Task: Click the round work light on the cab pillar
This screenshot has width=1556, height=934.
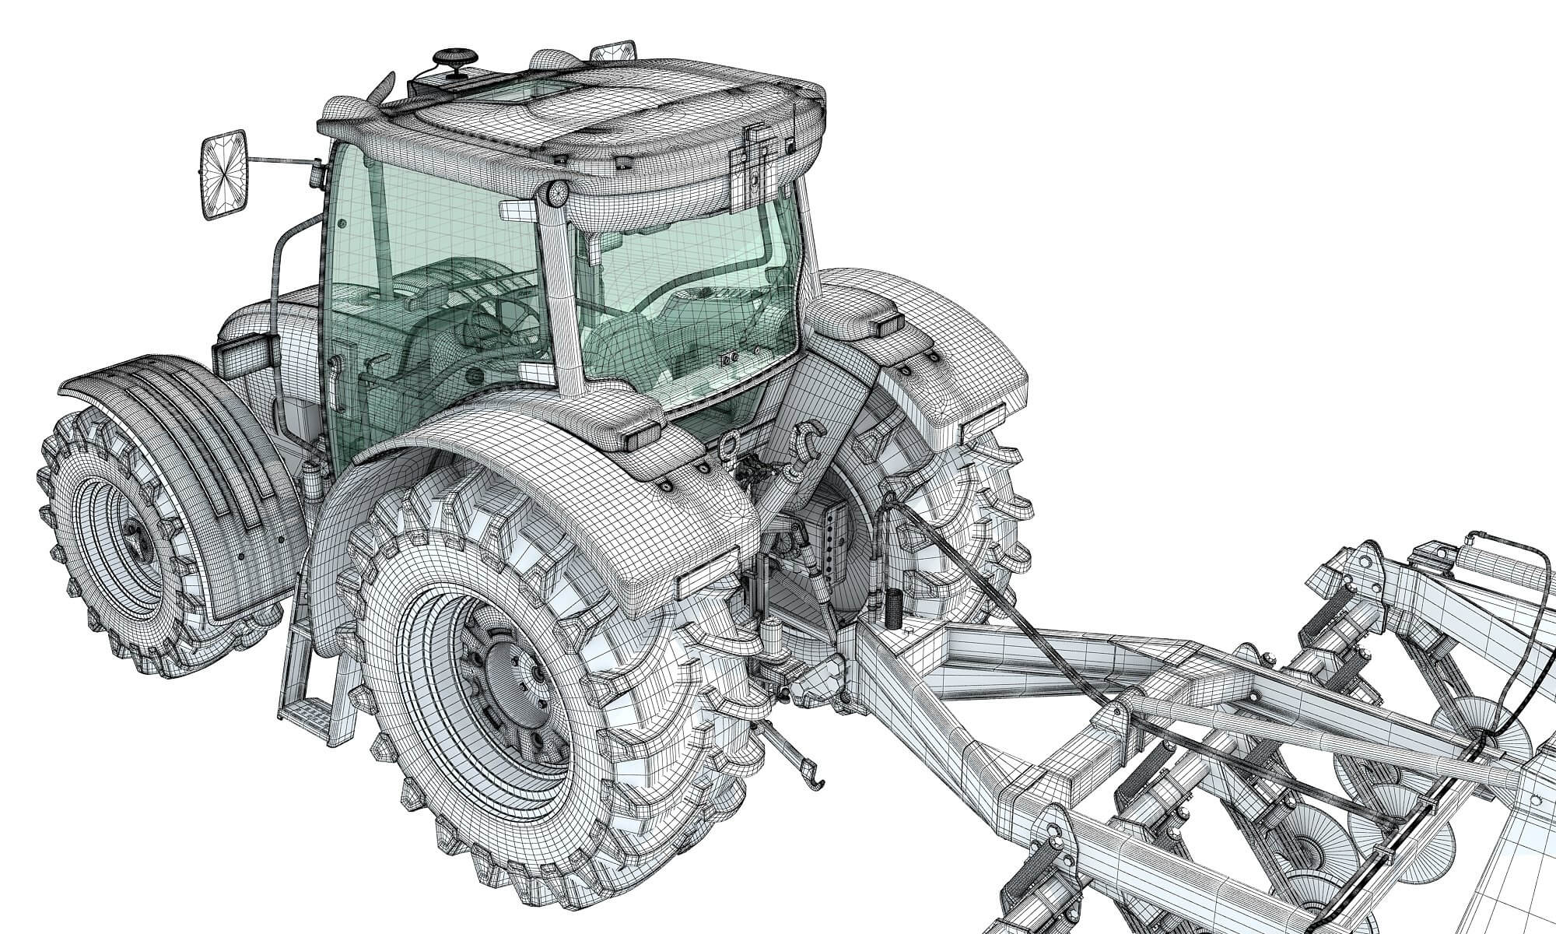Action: tap(558, 195)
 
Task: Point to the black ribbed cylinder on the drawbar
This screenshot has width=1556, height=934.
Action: tap(892, 607)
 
